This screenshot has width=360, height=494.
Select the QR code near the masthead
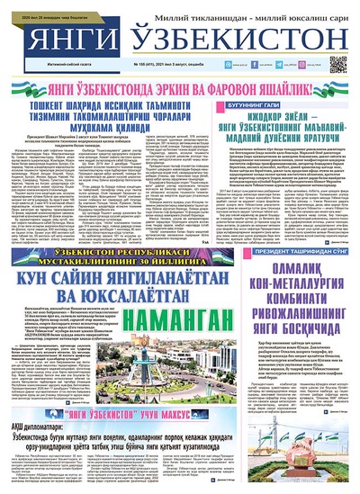pyautogui.click(x=338, y=64)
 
